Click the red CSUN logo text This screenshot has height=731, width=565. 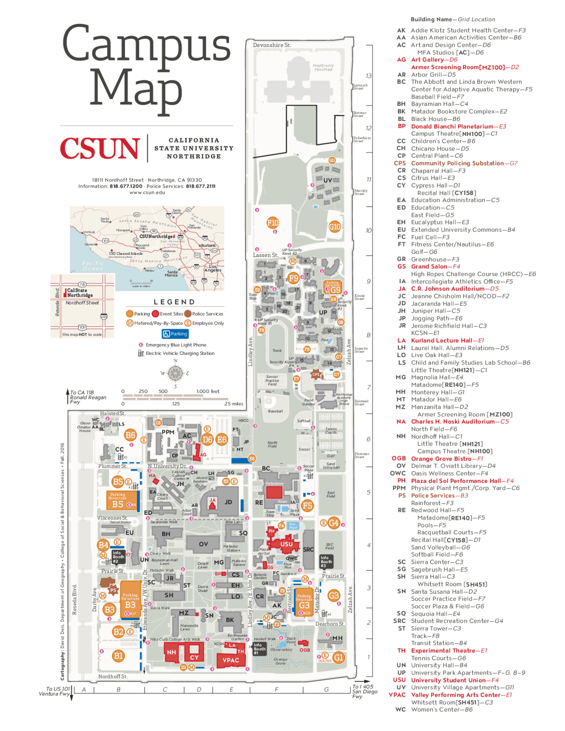(100, 148)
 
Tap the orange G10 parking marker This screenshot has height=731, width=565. (335, 227)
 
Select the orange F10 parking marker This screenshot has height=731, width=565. (273, 223)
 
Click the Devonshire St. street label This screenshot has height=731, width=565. (272, 45)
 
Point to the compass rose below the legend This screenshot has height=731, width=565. (175, 373)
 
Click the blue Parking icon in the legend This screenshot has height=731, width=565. (175, 334)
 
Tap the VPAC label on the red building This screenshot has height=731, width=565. (230, 660)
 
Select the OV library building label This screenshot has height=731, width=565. (203, 544)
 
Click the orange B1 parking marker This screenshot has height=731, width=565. (118, 656)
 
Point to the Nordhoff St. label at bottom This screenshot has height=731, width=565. (113, 676)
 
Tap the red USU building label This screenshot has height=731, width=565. (286, 544)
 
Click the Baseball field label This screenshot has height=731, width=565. (275, 411)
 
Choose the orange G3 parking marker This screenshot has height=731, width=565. (334, 595)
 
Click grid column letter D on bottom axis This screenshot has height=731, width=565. (199, 690)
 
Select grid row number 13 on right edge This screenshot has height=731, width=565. (369, 76)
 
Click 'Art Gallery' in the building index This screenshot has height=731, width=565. (427, 60)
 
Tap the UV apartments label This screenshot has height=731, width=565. (328, 181)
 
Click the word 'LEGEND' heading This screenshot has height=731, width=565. (174, 302)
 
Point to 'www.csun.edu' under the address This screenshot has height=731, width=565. (147, 192)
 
